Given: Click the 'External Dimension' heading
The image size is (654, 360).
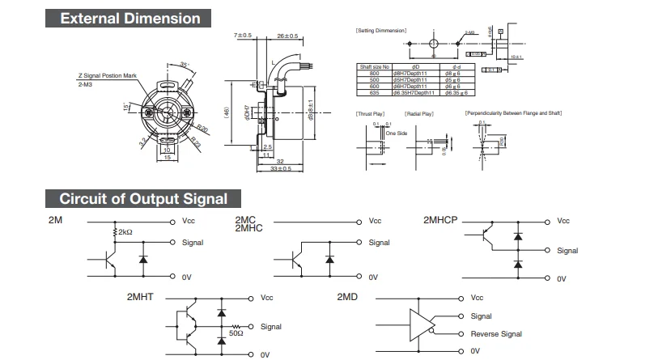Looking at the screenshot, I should click(x=130, y=18).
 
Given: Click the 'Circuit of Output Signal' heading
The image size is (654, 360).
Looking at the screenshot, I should click(x=143, y=198).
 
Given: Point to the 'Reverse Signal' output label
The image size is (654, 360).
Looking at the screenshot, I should click(x=496, y=334).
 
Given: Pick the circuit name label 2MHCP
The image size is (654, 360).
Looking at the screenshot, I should click(x=440, y=220).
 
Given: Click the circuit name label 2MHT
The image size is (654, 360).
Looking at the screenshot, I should click(x=142, y=298).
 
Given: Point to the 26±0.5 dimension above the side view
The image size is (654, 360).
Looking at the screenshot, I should click(x=287, y=36).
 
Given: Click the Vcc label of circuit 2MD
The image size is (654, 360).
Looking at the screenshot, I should click(x=477, y=298).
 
